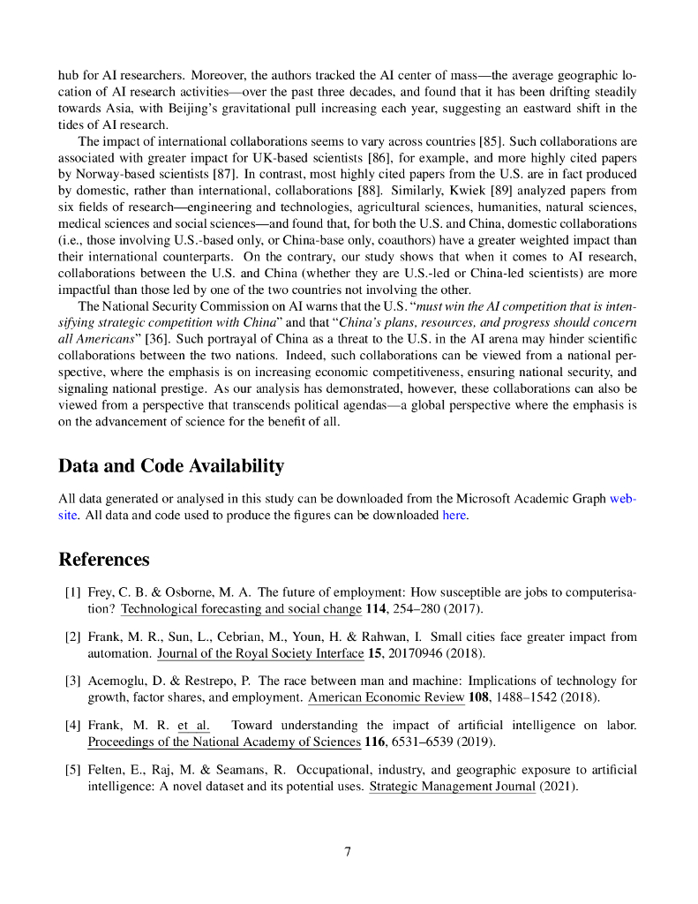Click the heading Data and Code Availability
pyautogui.click(x=171, y=466)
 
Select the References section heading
pyautogui.click(x=103, y=560)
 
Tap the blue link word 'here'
pyautogui.click(x=454, y=516)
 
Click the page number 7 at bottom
pyautogui.click(x=349, y=852)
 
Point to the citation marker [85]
pyautogui.click(x=490, y=141)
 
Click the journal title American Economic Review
pyautogui.click(x=386, y=698)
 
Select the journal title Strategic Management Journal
pyautogui.click(x=452, y=787)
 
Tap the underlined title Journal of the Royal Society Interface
pyautogui.click(x=260, y=654)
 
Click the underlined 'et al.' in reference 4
pyautogui.click(x=193, y=726)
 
